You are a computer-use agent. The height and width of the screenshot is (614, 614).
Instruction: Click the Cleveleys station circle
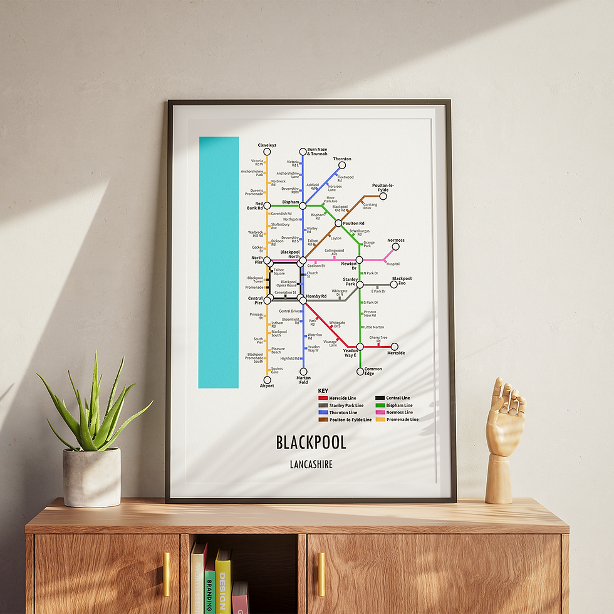pyautogui.click(x=267, y=152)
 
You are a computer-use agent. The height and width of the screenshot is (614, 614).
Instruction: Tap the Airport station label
pyautogui.click(x=266, y=386)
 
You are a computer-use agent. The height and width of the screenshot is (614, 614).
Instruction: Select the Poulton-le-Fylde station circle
pyautogui.click(x=383, y=196)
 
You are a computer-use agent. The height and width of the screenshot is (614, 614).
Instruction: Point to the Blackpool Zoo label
pyautogui.click(x=402, y=281)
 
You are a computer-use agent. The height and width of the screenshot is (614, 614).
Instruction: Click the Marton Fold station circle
pyautogui.click(x=303, y=372)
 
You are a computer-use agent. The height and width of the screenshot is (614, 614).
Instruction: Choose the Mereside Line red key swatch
pyautogui.click(x=323, y=398)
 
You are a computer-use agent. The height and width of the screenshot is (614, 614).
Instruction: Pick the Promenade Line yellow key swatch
pyautogui.click(x=380, y=420)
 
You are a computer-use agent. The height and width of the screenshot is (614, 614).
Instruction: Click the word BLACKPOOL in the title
pyautogui.click(x=311, y=442)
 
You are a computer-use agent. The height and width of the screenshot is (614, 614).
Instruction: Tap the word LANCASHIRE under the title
pyautogui.click(x=311, y=465)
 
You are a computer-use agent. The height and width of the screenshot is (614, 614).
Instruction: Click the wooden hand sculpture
pyautogui.click(x=503, y=432)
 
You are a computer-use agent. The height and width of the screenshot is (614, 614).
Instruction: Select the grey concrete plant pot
pyautogui.click(x=91, y=477)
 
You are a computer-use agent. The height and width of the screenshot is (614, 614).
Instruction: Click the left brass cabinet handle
pyautogui.click(x=167, y=574)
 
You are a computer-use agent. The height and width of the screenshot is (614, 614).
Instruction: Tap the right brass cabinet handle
pyautogui.click(x=321, y=574)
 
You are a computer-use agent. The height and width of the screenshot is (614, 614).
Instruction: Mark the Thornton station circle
pyautogui.click(x=342, y=165)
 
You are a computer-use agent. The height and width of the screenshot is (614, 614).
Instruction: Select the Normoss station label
pyautogui.click(x=396, y=241)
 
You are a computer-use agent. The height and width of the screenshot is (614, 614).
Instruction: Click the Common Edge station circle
pyautogui.click(x=360, y=371)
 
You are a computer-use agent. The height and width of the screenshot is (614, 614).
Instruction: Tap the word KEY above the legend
pyautogui.click(x=323, y=391)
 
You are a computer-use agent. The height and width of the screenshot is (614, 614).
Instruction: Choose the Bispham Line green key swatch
pyautogui.click(x=380, y=405)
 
